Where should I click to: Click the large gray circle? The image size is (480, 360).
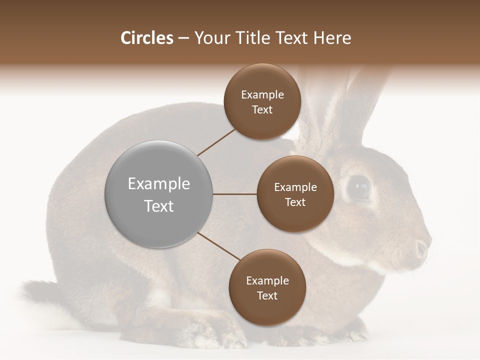point(159,194)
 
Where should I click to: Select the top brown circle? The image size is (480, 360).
point(262,101)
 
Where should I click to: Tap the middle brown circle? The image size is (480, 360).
point(295,194)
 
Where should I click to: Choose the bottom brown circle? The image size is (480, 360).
point(267,287)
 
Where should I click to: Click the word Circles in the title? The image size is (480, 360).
point(146,38)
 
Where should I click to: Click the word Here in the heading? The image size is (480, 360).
point(332,38)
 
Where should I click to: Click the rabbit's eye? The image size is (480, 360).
point(358,188)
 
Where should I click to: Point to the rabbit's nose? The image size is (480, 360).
point(422,248)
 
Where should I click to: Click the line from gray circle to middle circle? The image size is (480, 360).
point(235,194)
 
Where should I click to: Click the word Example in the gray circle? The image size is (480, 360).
point(159,184)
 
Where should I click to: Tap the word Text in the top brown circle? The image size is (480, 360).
point(262,110)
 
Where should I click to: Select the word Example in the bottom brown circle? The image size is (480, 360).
point(267,280)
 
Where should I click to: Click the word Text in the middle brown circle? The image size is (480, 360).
point(295,202)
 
